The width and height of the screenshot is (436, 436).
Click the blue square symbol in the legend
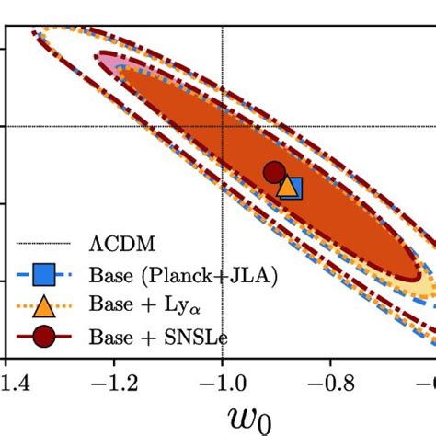pyautogui.click(x=43, y=274)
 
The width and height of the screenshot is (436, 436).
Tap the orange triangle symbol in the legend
pyautogui.click(x=43, y=304)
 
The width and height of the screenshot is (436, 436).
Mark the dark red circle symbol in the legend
pyautogui.click(x=43, y=337)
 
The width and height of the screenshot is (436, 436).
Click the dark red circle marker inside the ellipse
pyautogui.click(x=273, y=172)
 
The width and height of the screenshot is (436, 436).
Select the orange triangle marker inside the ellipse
pyautogui.click(x=287, y=188)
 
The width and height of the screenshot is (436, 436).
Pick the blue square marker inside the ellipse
pyautogui.click(x=293, y=189)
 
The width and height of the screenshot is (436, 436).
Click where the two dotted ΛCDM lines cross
pyautogui.click(x=223, y=125)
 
